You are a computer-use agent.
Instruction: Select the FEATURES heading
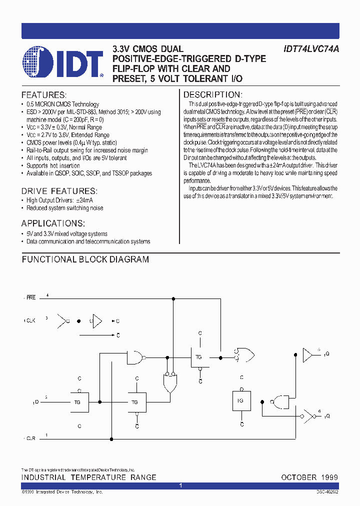pos(44,95)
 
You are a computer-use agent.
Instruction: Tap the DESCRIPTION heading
pos(213,95)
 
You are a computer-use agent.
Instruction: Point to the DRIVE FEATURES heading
pos(59,191)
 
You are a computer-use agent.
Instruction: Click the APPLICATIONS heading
pos(53,223)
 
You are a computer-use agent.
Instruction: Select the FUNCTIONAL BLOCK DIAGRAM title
pos(85,259)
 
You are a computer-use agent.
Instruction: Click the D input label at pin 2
pos(35,402)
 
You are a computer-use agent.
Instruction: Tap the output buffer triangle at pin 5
pos(307,355)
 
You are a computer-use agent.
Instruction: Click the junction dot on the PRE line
pos(173,299)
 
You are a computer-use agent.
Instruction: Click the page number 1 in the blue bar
pos(180,486)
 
